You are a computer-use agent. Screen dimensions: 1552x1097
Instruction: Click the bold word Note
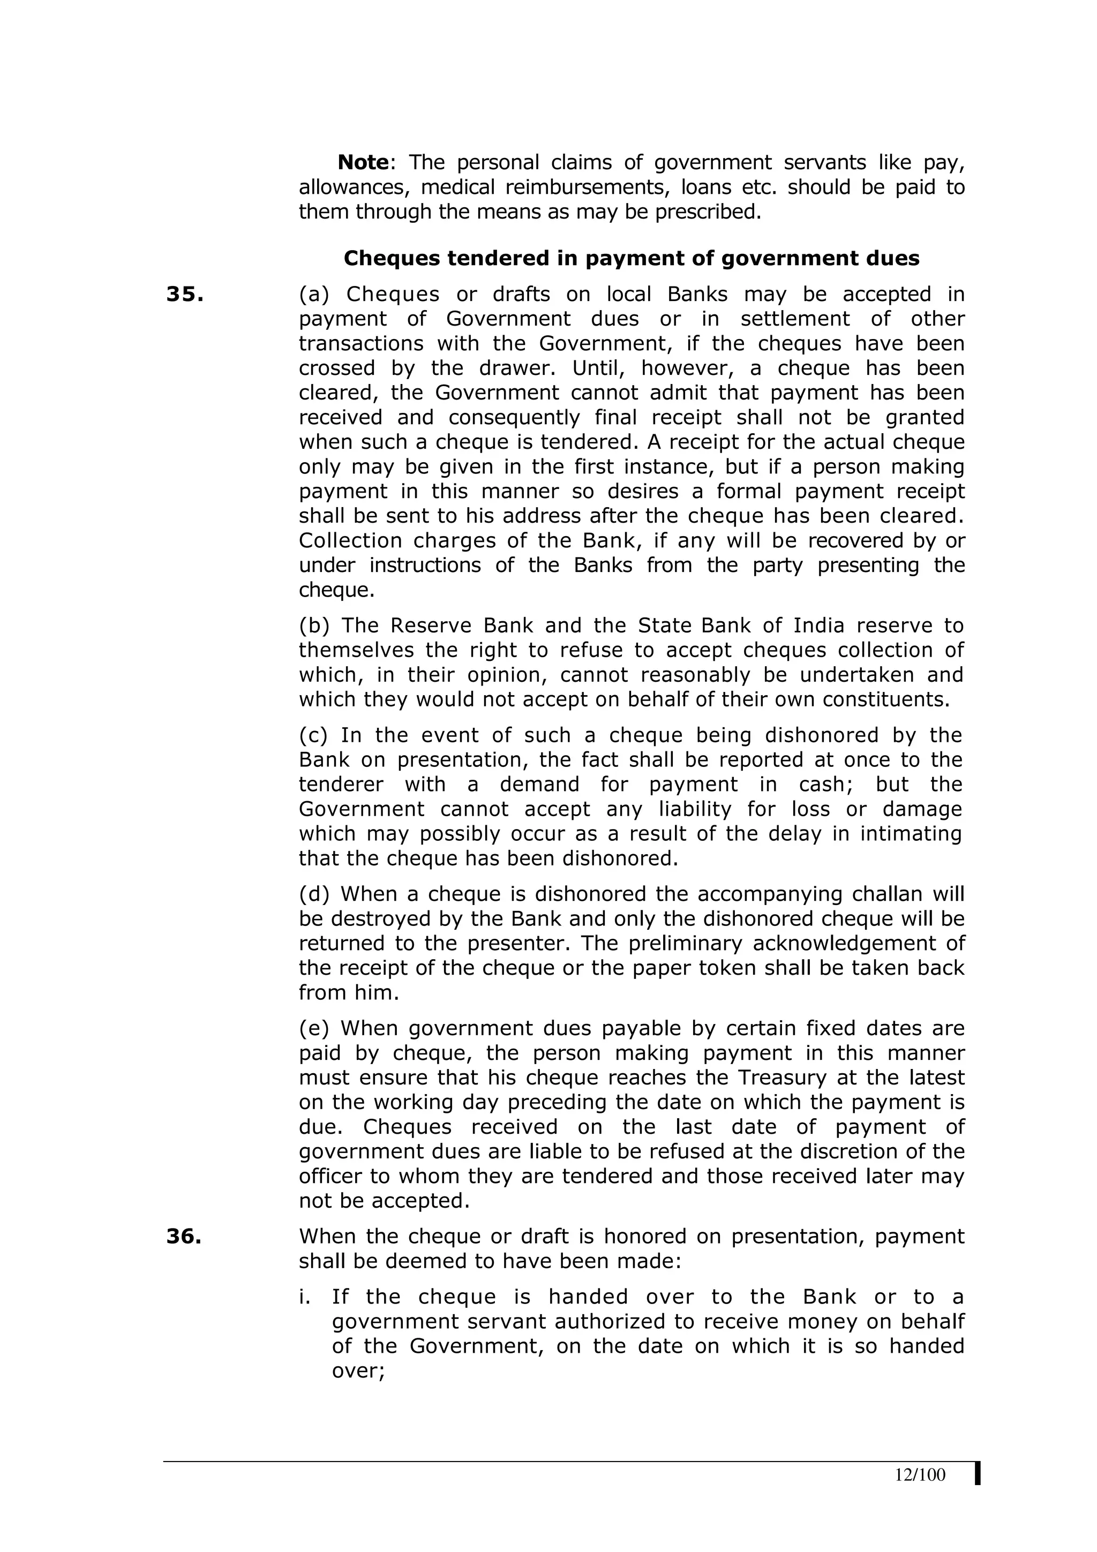click(x=363, y=162)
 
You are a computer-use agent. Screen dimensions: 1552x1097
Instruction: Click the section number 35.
click(x=184, y=294)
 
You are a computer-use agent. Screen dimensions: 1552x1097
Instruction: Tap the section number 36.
click(x=184, y=1237)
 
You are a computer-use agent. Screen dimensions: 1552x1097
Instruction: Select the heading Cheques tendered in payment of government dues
click(x=632, y=258)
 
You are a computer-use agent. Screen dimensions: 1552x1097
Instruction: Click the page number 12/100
click(x=920, y=1475)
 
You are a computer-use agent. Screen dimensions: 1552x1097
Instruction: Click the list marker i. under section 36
click(x=305, y=1297)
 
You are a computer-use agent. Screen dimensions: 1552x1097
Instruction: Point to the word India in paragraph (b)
click(x=818, y=626)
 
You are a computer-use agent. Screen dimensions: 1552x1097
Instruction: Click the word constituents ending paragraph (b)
click(x=885, y=699)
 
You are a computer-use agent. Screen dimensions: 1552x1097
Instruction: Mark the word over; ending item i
click(x=358, y=1371)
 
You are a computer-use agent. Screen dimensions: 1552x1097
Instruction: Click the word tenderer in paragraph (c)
click(x=341, y=785)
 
